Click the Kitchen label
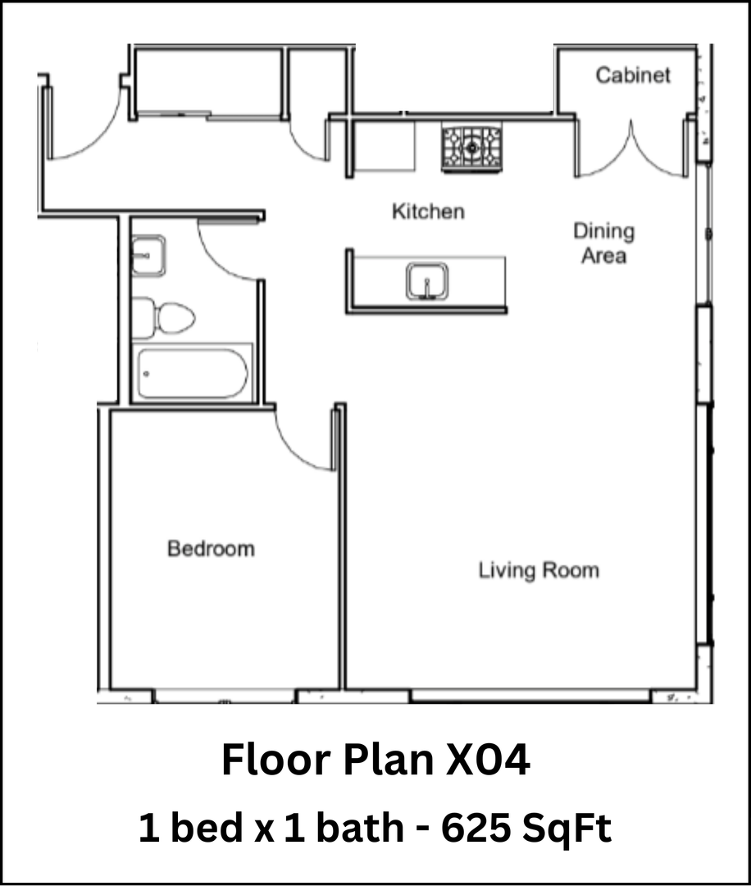click(x=428, y=212)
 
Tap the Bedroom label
click(x=211, y=548)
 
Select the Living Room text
click(x=539, y=569)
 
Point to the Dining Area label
click(x=603, y=243)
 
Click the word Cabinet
click(x=632, y=75)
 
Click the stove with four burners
click(x=471, y=147)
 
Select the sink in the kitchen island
click(x=426, y=281)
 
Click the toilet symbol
click(x=166, y=317)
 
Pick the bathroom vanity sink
click(x=148, y=255)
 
